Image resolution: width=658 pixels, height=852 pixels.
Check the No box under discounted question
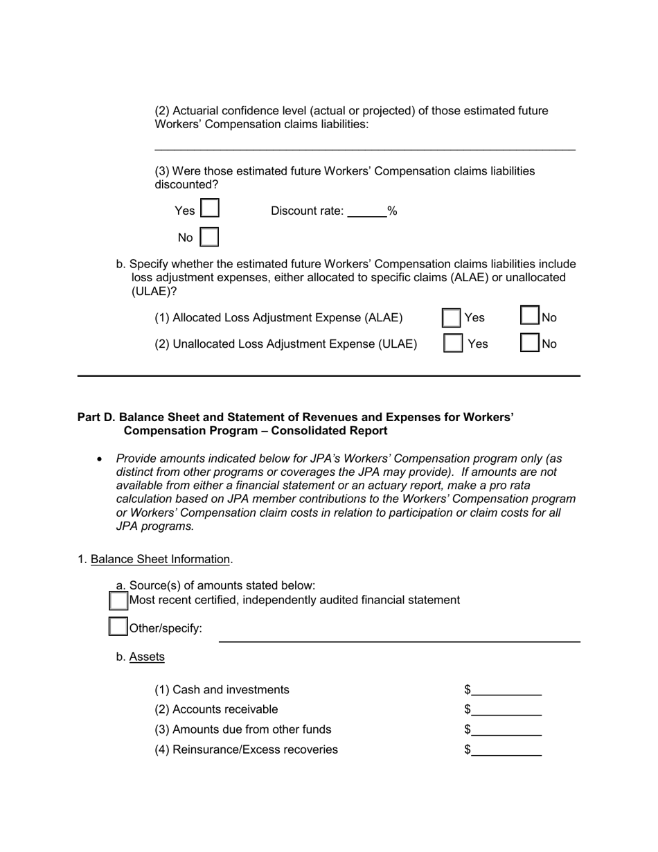209,238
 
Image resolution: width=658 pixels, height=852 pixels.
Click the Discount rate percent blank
366,212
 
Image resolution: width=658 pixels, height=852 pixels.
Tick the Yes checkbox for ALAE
452,318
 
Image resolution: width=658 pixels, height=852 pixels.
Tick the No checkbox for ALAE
530,317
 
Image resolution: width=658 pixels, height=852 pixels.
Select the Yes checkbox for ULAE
453,344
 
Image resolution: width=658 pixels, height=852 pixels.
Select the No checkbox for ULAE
530,344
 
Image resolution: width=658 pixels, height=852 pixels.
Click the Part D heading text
296,424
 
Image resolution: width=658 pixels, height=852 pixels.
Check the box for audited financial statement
118,600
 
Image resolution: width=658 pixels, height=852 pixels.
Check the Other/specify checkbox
118,628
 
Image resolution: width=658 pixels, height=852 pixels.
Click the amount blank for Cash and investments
506,690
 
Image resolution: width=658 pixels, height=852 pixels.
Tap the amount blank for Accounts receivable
506,710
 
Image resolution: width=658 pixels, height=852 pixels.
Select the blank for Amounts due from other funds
506,730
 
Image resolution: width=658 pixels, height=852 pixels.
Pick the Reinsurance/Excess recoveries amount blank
506,750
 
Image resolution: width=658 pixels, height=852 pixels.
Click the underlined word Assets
147,657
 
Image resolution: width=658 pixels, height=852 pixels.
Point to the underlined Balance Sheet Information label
160,559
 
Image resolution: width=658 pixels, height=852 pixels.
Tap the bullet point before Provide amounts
100,459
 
